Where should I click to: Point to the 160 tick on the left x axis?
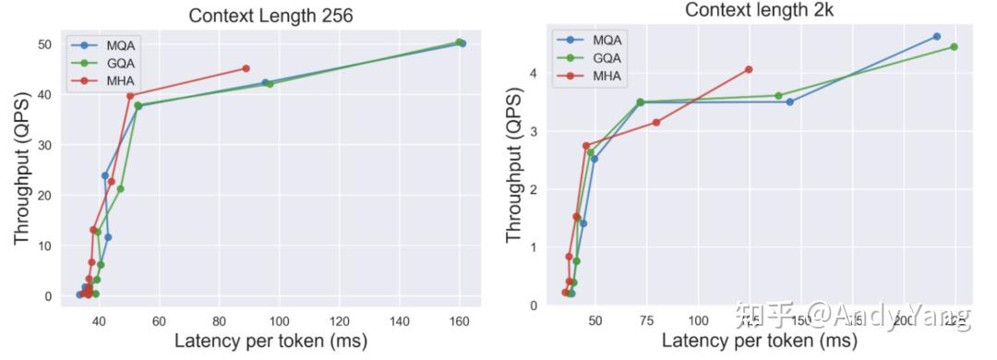tap(459, 320)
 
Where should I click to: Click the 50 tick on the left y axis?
tap(43, 44)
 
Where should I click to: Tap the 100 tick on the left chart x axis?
tap(279, 320)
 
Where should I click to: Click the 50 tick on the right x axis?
tap(595, 320)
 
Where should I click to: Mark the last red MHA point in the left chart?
tap(246, 68)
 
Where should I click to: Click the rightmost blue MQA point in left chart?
tap(462, 43)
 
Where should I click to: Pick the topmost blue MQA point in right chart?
tap(936, 36)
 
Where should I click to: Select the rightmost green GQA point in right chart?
tap(954, 47)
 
